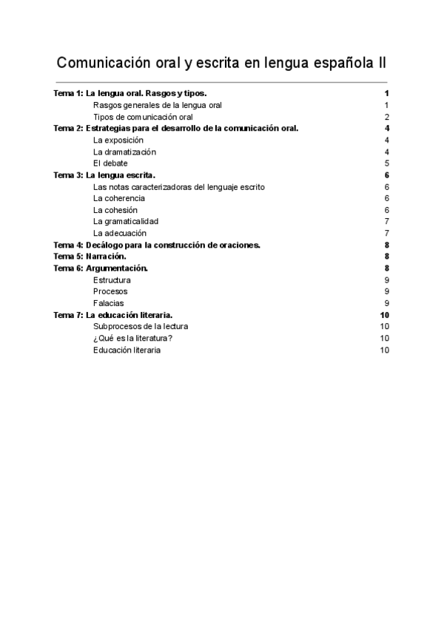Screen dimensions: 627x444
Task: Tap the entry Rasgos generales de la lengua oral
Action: pos(158,105)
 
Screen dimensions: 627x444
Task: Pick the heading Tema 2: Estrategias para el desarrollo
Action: pos(176,128)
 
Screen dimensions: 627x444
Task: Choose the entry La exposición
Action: pos(118,140)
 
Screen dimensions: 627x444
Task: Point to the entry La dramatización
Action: pos(124,152)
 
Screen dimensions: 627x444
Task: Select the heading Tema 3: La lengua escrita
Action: pos(104,175)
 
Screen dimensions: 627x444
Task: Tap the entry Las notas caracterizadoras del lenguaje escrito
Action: pos(179,187)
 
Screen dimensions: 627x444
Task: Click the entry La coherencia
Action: pos(119,198)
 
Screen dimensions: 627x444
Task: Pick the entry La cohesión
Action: pos(115,210)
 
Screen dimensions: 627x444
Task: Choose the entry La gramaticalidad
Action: pos(126,221)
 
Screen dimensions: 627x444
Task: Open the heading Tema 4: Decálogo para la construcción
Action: pos(157,245)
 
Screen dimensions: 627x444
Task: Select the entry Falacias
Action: pos(109,303)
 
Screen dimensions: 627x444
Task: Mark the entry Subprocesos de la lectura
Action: pos(141,326)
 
